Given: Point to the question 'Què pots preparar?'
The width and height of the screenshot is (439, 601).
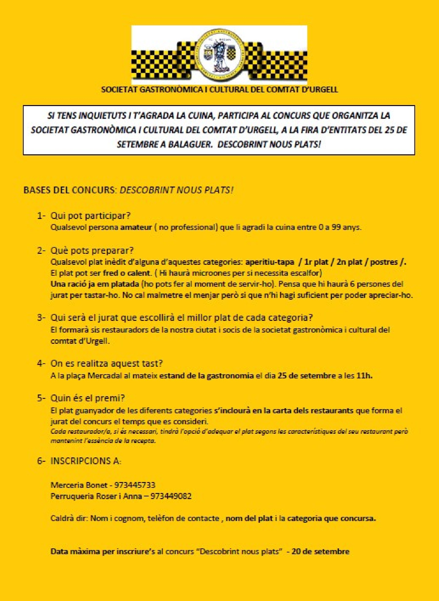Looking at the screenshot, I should (92, 250).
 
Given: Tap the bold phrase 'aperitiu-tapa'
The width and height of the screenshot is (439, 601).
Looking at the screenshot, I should (270, 262).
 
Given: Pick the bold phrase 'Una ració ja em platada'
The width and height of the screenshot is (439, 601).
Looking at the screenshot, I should (95, 284).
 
